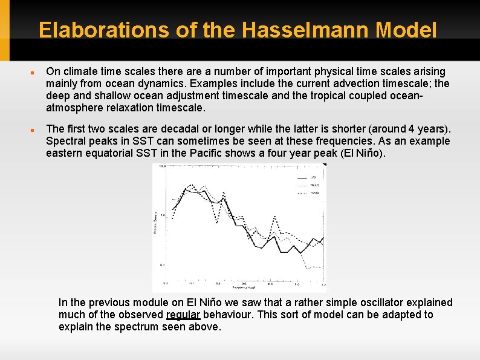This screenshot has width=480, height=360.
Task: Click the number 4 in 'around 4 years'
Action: tap(411, 129)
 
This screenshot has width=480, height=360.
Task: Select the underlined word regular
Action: tap(183, 315)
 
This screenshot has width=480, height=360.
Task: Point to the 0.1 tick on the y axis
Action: tap(163, 266)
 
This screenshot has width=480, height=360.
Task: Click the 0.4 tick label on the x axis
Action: tap(218, 283)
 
